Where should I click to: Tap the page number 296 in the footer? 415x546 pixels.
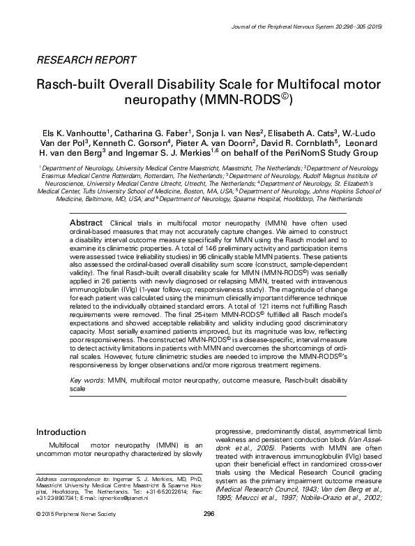click(x=208, y=533)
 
